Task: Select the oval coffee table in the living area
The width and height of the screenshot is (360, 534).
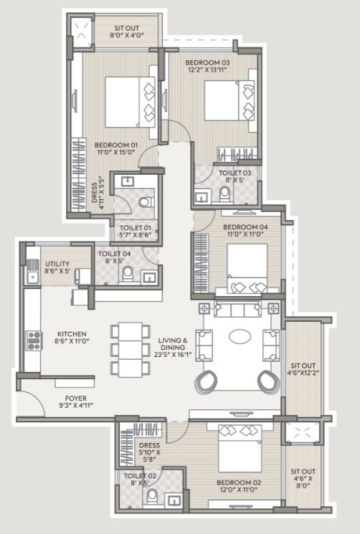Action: click(x=240, y=336)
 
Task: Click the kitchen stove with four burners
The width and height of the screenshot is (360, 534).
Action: click(x=34, y=340)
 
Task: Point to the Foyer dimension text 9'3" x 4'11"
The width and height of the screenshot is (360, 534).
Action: click(x=75, y=405)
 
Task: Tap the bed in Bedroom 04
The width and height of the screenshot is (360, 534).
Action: click(x=247, y=268)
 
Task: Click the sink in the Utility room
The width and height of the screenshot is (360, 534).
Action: click(x=33, y=276)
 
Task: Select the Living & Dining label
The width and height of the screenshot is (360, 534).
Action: click(x=173, y=343)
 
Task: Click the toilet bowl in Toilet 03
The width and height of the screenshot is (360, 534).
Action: click(x=224, y=194)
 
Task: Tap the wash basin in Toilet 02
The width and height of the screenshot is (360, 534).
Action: click(x=175, y=500)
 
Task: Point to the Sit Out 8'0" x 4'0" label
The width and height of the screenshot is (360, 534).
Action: click(x=127, y=32)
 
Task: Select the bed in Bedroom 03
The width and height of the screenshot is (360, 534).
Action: click(x=229, y=100)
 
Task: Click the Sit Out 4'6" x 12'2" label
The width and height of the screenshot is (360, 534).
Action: click(x=303, y=369)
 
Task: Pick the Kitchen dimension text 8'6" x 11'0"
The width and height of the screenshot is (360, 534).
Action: click(x=72, y=341)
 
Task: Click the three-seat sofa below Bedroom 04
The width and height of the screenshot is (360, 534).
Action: click(x=238, y=310)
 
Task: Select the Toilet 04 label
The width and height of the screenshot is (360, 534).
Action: click(x=115, y=254)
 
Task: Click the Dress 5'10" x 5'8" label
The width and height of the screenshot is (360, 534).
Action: click(x=149, y=452)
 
